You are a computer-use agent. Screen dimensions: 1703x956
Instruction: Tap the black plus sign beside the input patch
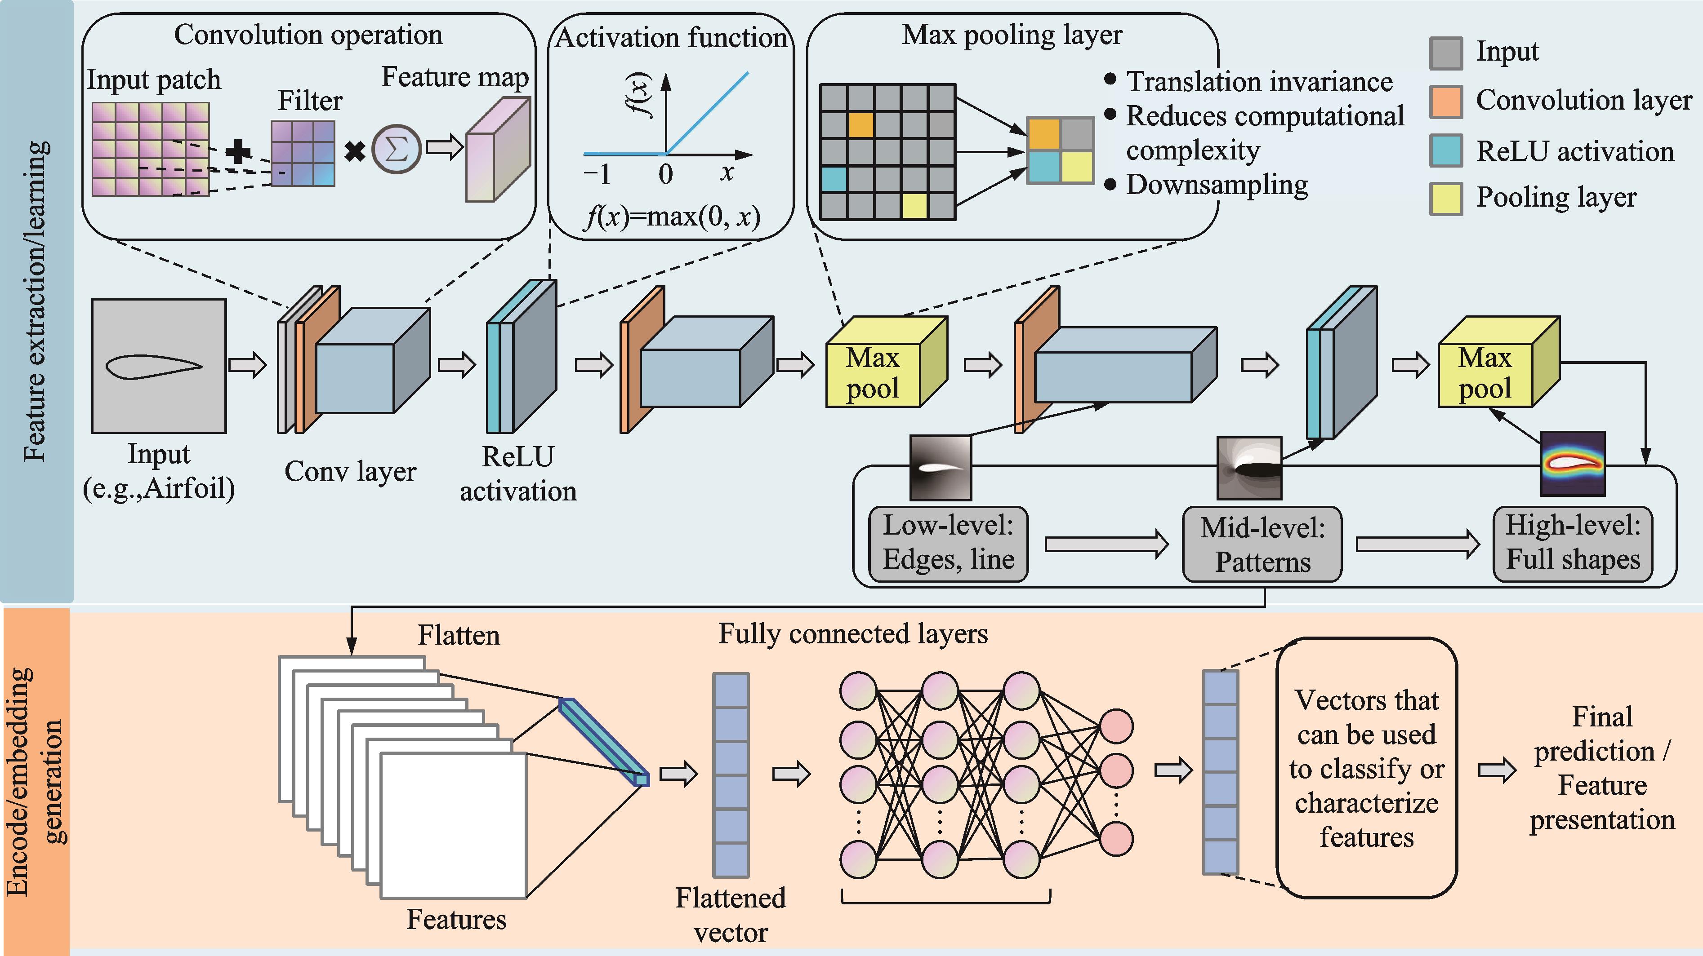point(238,152)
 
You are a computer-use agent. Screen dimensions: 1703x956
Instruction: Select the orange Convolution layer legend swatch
point(1446,102)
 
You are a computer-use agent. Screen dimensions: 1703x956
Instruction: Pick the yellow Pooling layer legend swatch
point(1446,198)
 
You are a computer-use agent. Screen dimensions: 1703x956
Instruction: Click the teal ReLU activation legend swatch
point(1446,150)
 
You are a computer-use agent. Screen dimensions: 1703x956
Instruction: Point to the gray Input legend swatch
point(1446,53)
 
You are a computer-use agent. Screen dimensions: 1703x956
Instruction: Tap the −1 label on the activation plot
point(597,174)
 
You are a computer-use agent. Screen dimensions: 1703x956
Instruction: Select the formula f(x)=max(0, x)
point(672,216)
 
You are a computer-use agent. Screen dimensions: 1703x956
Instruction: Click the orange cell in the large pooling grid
point(861,125)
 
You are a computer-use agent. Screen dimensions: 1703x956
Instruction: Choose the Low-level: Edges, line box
point(948,544)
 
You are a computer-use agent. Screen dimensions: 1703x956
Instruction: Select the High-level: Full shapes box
point(1573,544)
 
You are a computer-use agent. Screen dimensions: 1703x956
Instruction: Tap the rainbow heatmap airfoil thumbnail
point(1573,464)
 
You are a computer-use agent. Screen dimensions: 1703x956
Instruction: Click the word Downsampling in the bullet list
point(1217,185)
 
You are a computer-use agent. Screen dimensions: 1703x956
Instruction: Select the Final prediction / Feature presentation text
point(1602,768)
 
